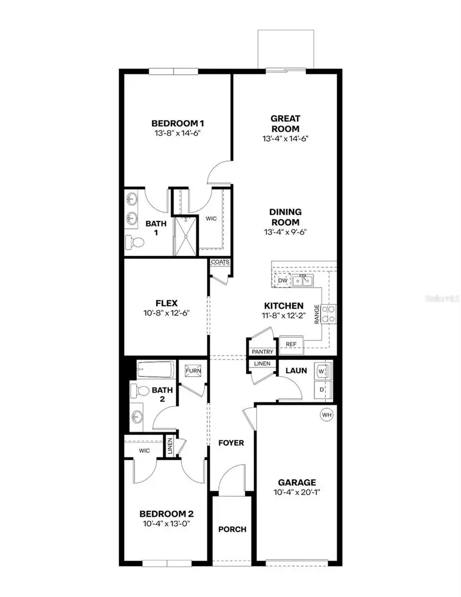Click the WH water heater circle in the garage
click(x=326, y=414)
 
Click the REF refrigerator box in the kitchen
click(x=291, y=344)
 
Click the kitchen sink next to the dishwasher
click(x=303, y=280)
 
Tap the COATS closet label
click(x=220, y=262)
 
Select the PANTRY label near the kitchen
click(x=262, y=352)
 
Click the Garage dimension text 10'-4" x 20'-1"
click(x=297, y=493)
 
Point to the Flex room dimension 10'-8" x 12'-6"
click(x=166, y=314)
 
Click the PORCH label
click(x=232, y=529)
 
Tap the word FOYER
click(x=230, y=443)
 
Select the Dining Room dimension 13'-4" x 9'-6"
click(x=286, y=232)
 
